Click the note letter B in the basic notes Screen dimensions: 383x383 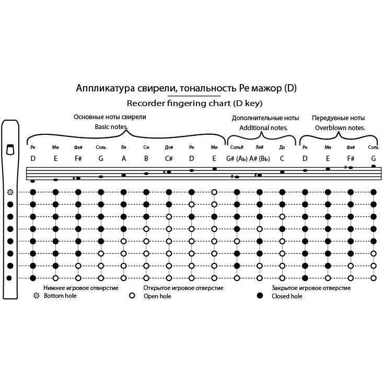pos(146,158)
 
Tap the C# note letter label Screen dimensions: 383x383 pos(169,158)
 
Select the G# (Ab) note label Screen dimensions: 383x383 pos(237,159)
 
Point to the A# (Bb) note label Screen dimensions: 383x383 pos(259,159)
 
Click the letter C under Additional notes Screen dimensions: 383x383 pos(282,158)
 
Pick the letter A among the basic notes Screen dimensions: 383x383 pos(124,158)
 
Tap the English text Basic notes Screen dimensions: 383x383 pos(111,127)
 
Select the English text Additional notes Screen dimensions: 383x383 pos(263,127)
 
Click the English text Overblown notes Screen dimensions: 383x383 pos(340,127)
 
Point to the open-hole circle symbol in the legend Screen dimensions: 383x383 pos(132,296)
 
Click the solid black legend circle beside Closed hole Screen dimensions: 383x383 pos(260,296)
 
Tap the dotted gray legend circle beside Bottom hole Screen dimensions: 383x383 pos(37,296)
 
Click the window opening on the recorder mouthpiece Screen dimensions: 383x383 pos(10,149)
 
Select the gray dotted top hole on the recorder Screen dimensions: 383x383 pos(10,192)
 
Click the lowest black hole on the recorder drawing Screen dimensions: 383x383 pos(9,278)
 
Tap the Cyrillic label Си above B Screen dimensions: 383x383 pos(146,147)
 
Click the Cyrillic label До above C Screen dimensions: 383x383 pos(282,147)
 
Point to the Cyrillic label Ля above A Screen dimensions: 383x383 pos(124,147)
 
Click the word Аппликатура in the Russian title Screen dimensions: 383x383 pos(105,88)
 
